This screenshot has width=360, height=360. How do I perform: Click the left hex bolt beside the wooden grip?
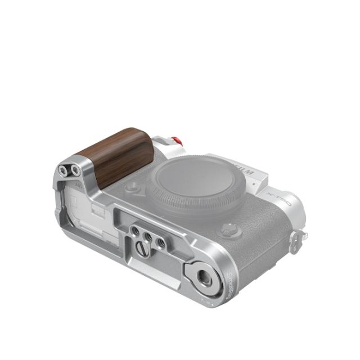coord(62,170)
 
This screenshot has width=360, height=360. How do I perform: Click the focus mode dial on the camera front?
coord(229,229)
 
